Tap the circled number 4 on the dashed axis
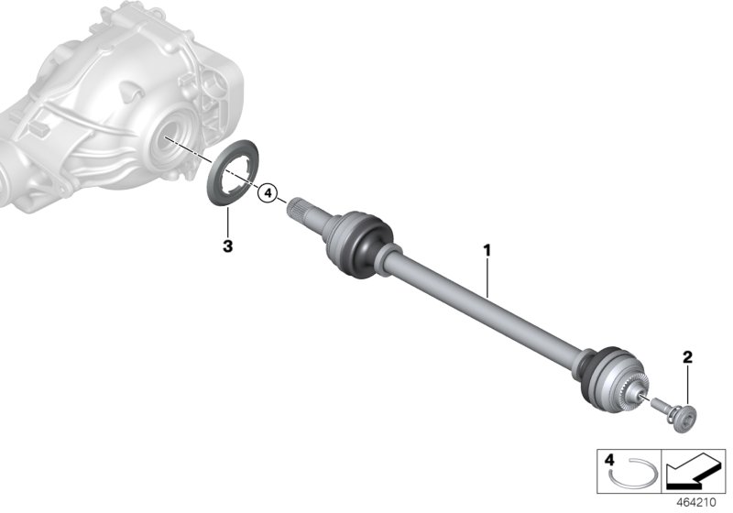click(267, 193)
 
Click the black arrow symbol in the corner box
click(694, 472)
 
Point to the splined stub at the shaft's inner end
click(303, 210)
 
